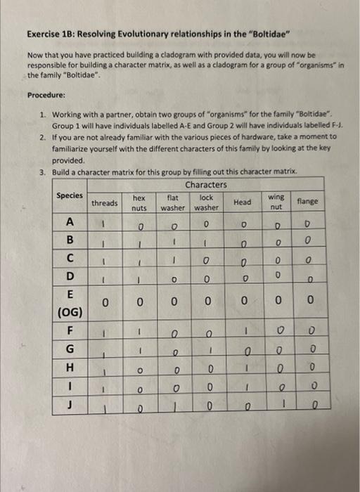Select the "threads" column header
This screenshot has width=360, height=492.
tap(105, 203)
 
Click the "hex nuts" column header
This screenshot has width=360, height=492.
tap(139, 203)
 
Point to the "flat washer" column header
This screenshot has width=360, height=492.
tap(172, 203)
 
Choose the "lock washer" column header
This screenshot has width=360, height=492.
tap(207, 203)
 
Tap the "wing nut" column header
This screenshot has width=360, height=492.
tap(276, 203)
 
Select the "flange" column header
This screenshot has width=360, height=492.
tap(307, 202)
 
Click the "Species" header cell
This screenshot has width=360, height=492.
tap(70, 196)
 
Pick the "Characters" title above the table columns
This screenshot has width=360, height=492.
tap(206, 185)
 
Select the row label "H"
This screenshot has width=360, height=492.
tap(70, 366)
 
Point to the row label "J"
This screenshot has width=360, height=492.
tap(70, 403)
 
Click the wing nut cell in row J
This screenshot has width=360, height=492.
tap(276, 405)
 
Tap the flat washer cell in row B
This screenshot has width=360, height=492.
tap(172, 242)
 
